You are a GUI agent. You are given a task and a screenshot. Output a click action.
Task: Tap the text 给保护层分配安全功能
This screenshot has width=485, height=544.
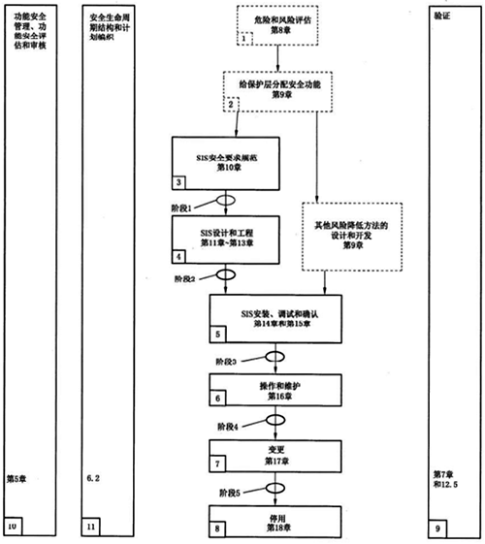point(282,85)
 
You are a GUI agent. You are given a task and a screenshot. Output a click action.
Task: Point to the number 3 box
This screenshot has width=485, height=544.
point(180,181)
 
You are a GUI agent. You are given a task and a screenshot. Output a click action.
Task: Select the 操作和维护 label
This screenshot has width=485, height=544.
point(279,387)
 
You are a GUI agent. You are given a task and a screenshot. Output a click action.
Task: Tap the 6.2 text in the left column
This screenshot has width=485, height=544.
point(95,478)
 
